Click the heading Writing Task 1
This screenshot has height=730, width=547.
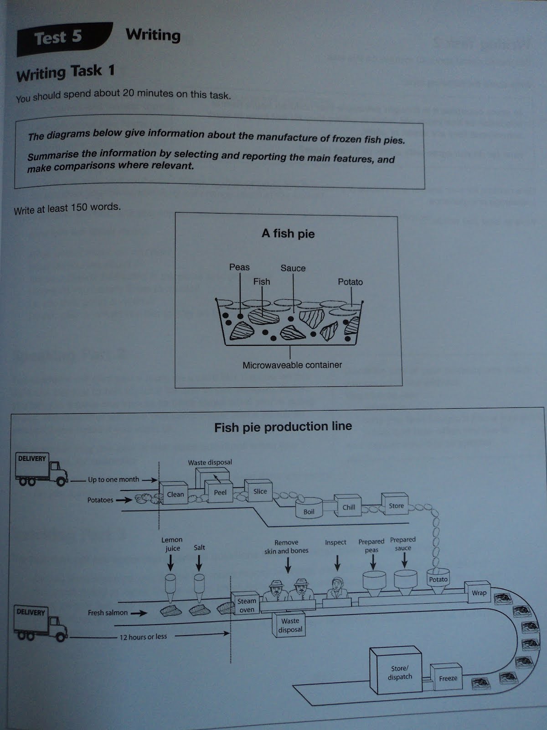tap(65, 73)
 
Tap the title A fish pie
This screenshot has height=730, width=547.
tap(288, 234)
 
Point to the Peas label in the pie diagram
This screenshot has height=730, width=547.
tap(239, 267)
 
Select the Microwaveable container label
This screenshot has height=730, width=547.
tap(292, 365)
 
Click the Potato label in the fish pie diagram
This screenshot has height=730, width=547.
tap(350, 282)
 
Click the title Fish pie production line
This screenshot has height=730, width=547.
tap(283, 427)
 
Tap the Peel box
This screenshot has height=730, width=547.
tap(220, 492)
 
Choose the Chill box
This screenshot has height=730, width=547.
tap(349, 507)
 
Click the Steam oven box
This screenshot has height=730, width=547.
tap(246, 605)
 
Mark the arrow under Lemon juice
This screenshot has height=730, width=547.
tap(171, 564)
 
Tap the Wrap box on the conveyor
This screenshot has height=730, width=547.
tap(479, 593)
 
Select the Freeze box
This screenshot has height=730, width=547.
tap(448, 678)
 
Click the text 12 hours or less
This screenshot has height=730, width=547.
tap(143, 636)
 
